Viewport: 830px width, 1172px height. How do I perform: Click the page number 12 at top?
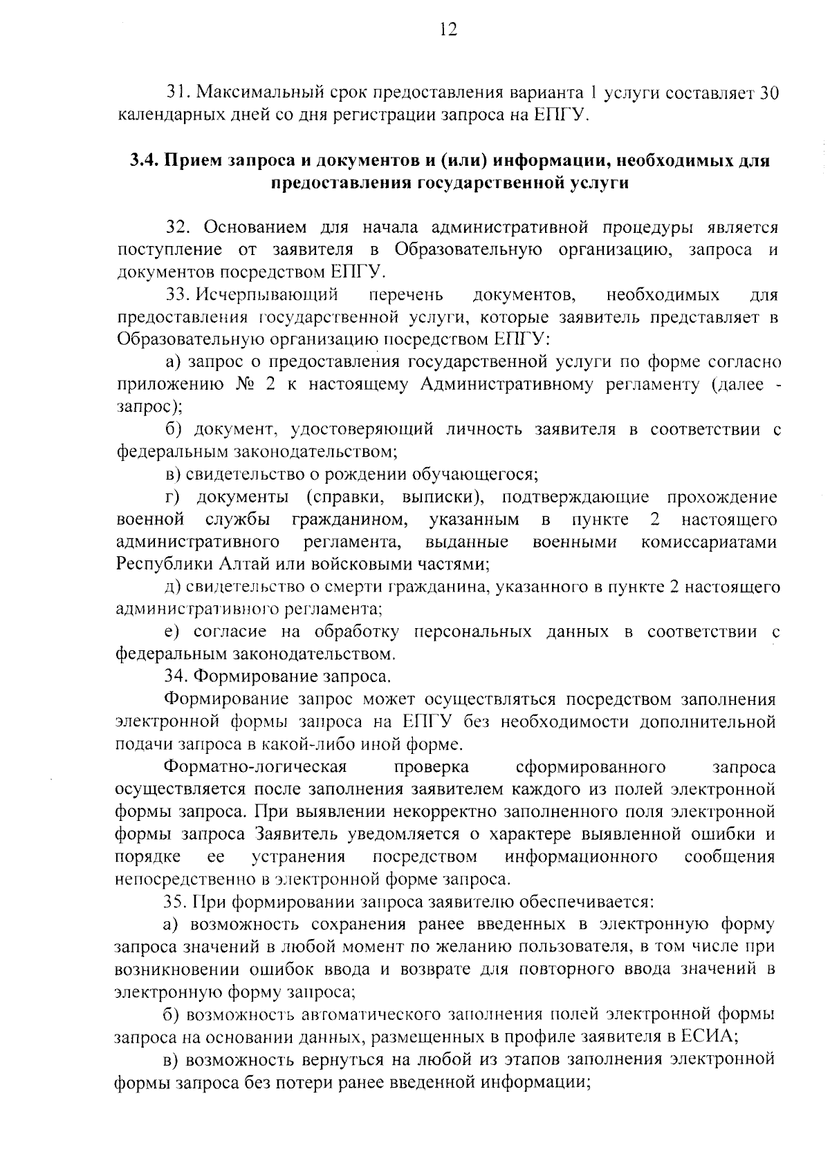(448, 30)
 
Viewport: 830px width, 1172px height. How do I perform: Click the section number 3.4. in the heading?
(144, 161)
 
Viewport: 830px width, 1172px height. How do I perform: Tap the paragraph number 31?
(178, 93)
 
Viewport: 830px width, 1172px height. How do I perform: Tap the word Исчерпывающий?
(267, 295)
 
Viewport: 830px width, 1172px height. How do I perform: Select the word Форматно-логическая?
(255, 767)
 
